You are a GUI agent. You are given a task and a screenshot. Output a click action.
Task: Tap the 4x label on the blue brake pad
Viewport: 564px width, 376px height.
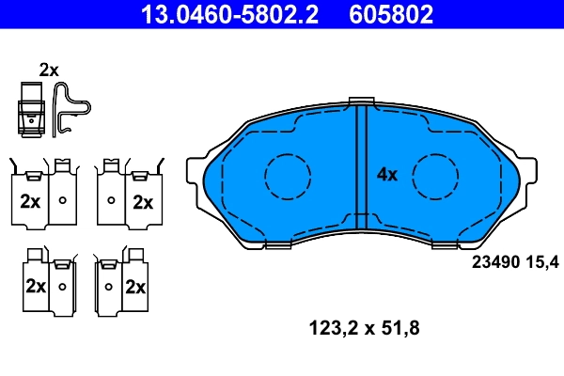tap(387, 174)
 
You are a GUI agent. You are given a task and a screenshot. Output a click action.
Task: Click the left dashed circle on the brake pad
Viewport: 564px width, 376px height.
tap(288, 175)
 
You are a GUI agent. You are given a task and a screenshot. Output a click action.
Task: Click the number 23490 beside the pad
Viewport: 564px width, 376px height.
tap(489, 262)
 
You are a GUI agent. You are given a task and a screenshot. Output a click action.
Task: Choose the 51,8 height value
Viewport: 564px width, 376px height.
tap(399, 330)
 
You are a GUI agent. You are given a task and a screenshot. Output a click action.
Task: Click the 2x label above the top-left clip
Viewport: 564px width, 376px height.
tap(49, 70)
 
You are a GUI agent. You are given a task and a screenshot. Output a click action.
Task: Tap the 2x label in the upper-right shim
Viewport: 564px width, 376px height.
tap(142, 201)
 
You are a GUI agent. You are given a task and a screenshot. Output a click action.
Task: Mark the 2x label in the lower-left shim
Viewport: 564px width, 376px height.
tap(36, 286)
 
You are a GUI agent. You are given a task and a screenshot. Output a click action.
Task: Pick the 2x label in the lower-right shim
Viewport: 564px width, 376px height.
tap(136, 286)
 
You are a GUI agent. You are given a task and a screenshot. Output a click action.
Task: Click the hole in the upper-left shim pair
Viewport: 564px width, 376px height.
tap(62, 200)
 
